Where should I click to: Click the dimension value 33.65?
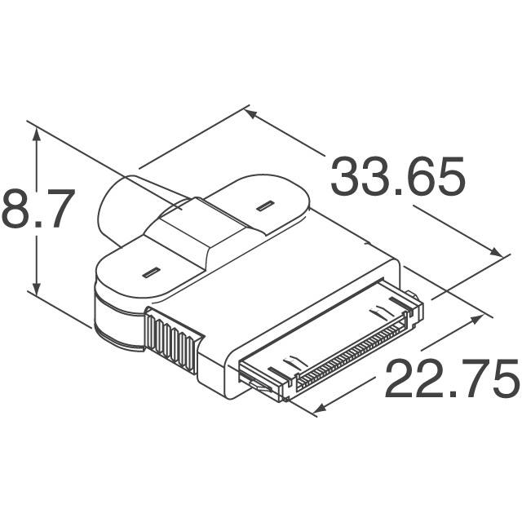397,178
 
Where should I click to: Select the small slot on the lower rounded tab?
150,272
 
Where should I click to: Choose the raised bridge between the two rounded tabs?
200,232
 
